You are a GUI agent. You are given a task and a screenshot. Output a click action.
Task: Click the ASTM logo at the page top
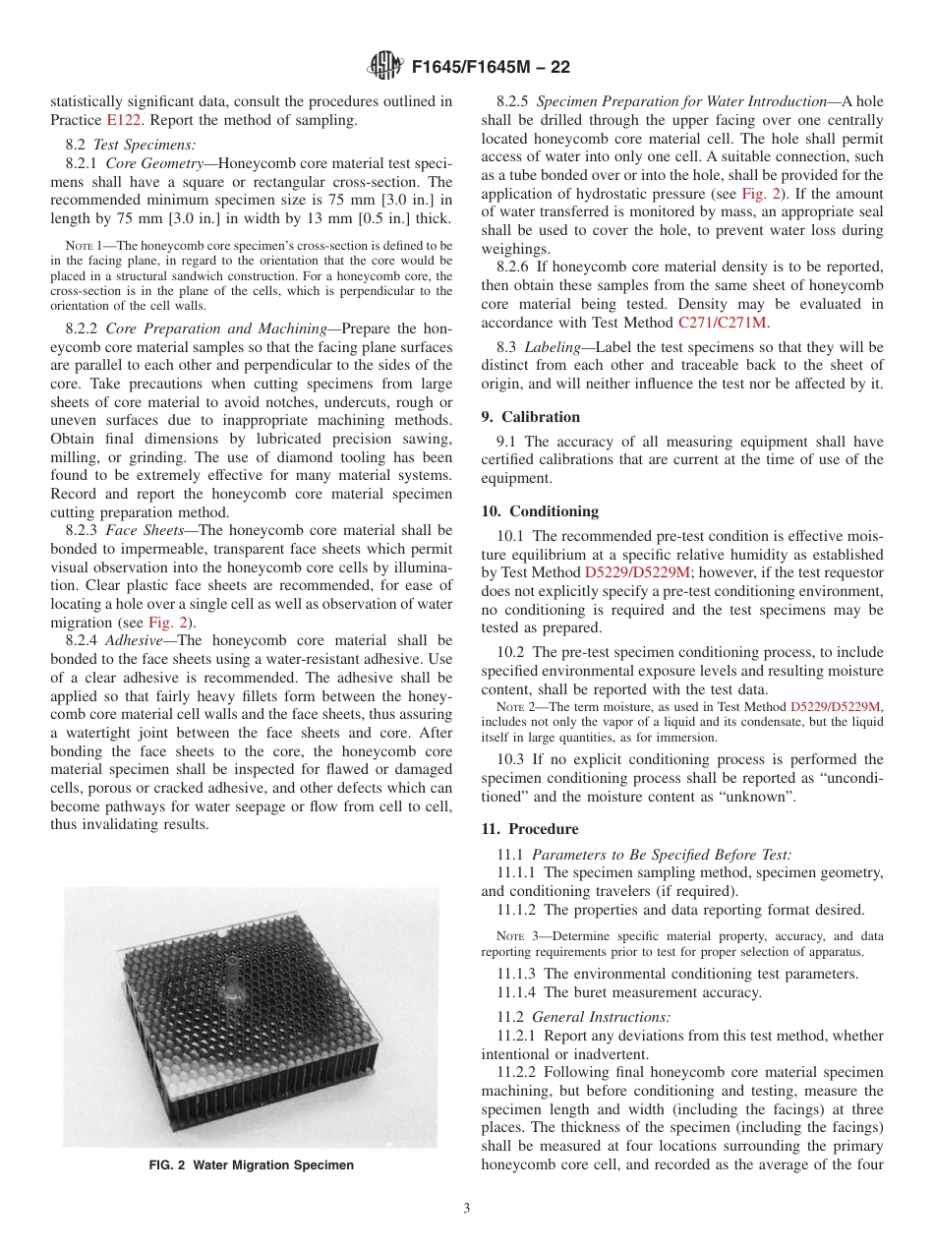click(384, 67)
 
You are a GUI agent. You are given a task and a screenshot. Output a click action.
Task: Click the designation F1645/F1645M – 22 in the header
click(489, 68)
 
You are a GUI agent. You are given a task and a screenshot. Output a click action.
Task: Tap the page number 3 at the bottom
click(467, 1209)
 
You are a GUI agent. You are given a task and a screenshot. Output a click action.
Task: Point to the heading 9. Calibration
click(531, 416)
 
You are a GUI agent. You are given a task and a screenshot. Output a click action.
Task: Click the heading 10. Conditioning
click(540, 511)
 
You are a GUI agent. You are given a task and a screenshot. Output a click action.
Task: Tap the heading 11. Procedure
click(530, 829)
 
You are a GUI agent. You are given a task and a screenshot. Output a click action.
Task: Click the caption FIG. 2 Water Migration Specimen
click(251, 1165)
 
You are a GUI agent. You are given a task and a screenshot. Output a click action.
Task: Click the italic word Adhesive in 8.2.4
click(135, 640)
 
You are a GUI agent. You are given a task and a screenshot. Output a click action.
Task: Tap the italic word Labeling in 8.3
click(553, 348)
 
